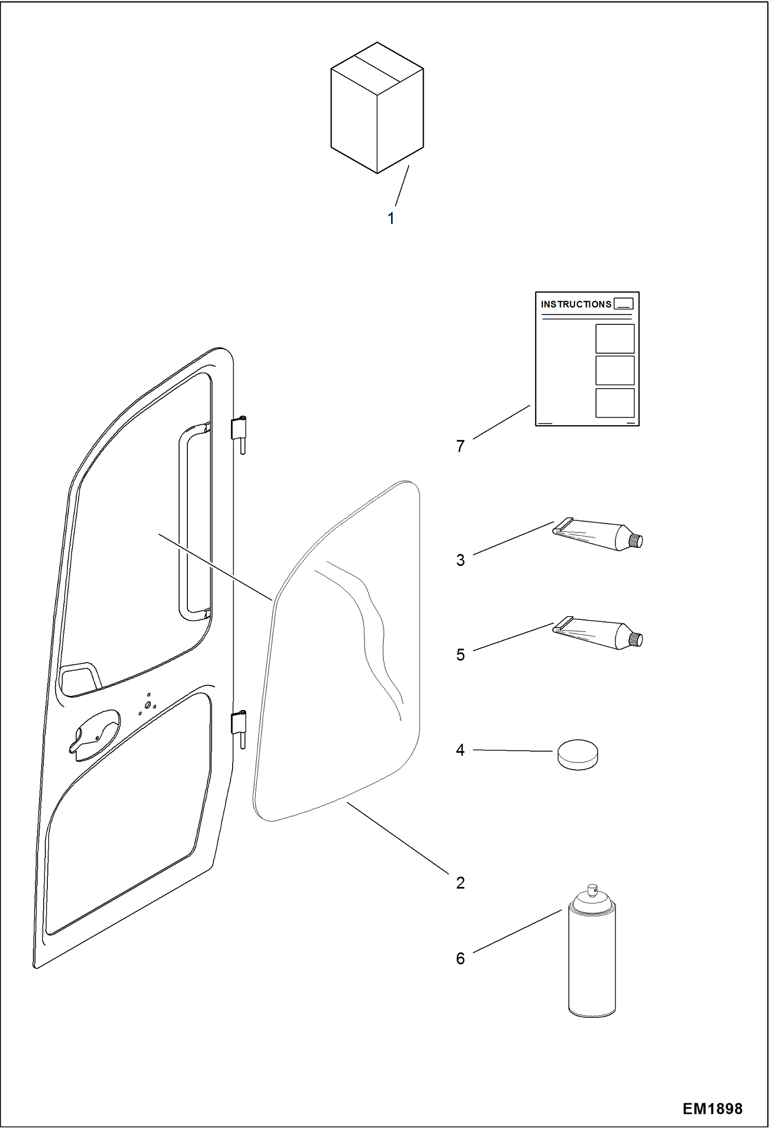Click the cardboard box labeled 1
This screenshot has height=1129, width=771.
(377, 108)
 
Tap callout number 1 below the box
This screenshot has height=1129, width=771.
(391, 218)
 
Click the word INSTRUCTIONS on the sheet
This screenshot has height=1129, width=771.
(575, 304)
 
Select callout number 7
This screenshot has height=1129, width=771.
(460, 446)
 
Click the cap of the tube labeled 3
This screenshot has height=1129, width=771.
(637, 541)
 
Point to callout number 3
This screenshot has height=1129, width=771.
(460, 560)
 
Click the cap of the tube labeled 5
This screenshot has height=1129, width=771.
(637, 639)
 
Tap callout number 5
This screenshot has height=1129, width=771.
(460, 655)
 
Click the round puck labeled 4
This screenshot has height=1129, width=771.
(578, 755)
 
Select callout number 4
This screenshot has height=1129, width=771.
(460, 750)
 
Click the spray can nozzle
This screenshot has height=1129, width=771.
(591, 889)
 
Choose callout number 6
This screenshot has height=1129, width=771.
(460, 959)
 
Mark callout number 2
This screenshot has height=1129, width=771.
(460, 883)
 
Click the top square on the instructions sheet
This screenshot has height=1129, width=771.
(615, 339)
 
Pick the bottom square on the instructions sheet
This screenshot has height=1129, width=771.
(615, 403)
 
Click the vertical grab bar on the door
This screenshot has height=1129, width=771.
(184, 520)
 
